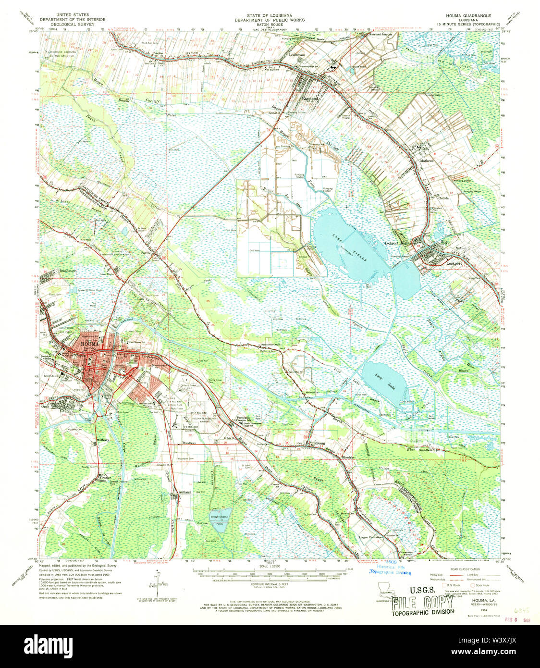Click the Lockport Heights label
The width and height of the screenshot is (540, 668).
click(x=398, y=243)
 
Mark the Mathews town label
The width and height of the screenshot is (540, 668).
click(x=426, y=161)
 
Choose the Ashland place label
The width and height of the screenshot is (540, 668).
click(x=184, y=492)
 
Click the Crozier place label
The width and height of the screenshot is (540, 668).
click(x=105, y=478)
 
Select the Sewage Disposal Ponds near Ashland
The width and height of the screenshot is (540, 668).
click(x=220, y=519)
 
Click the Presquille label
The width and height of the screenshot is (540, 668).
click(x=245, y=418)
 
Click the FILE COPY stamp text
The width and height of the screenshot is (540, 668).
click(x=422, y=603)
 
